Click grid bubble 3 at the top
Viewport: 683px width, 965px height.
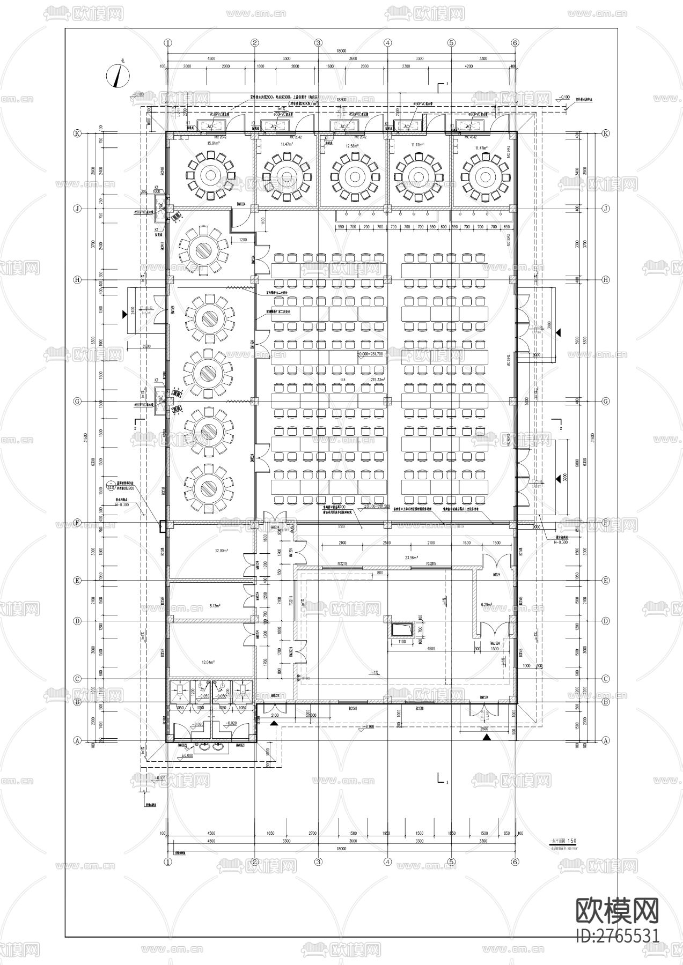coord(318,43)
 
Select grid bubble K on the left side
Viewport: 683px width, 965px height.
coord(77,133)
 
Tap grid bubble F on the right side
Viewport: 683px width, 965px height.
coord(606,522)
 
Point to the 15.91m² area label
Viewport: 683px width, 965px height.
coord(207,144)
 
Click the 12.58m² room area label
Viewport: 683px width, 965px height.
coord(351,146)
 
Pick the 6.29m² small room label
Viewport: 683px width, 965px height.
coord(486,605)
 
